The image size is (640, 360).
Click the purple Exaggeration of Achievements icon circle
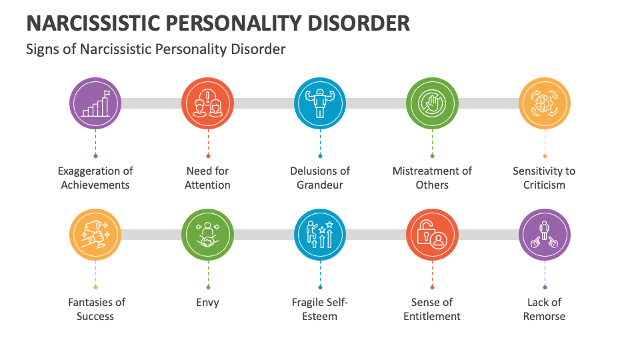[x=95, y=103]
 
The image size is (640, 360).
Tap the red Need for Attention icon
[x=208, y=103]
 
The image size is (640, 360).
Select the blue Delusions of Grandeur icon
[x=320, y=103]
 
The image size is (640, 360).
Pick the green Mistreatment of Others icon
[x=432, y=103]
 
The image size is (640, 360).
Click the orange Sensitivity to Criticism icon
[x=545, y=103]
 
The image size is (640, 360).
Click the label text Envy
[x=208, y=303]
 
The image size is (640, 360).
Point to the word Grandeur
[x=320, y=185]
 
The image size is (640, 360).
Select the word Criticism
[x=544, y=185]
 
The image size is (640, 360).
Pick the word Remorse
[x=544, y=316]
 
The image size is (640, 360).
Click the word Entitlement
[x=432, y=316]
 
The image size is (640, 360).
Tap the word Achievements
[x=95, y=185]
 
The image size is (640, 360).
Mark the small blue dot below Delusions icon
[x=320, y=156]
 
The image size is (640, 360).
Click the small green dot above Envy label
[x=208, y=287]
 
